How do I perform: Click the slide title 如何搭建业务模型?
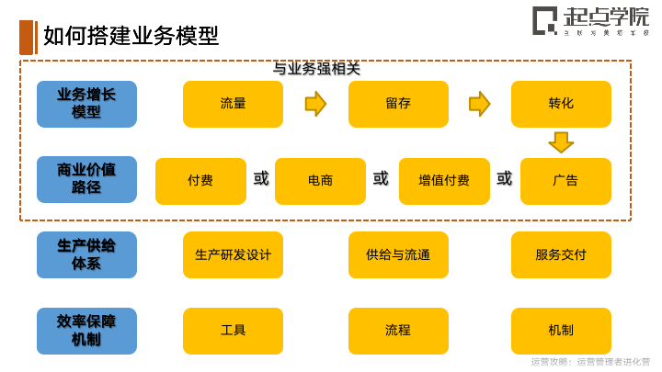[131, 36]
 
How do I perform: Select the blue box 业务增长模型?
[86, 104]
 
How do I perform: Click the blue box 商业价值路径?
[86, 180]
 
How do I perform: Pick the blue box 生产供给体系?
[86, 254]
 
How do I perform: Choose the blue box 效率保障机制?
[86, 330]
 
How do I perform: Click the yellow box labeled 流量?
[233, 104]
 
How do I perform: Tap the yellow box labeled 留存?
[398, 104]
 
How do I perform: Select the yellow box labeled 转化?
[561, 104]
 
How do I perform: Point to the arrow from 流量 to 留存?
[315, 104]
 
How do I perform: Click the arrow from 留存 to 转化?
[479, 104]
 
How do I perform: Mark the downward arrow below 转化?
[561, 142]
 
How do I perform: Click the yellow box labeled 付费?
[200, 181]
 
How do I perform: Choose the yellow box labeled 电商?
[320, 181]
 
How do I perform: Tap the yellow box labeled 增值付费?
[444, 181]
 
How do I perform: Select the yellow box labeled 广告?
[565, 181]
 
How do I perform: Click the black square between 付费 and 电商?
[261, 178]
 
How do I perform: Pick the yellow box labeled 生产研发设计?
[233, 254]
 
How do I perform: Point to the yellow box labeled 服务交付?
[561, 254]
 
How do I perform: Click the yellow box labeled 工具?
[233, 331]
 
